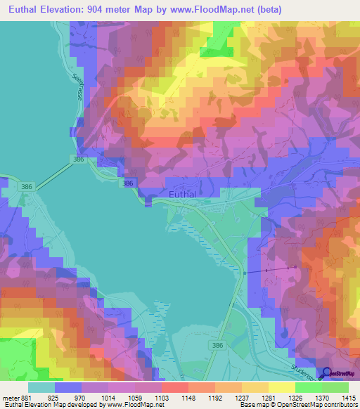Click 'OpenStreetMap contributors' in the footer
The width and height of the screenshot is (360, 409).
pyautogui.click(x=321, y=404)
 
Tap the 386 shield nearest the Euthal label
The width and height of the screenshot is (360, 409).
pyautogui.click(x=127, y=183)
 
